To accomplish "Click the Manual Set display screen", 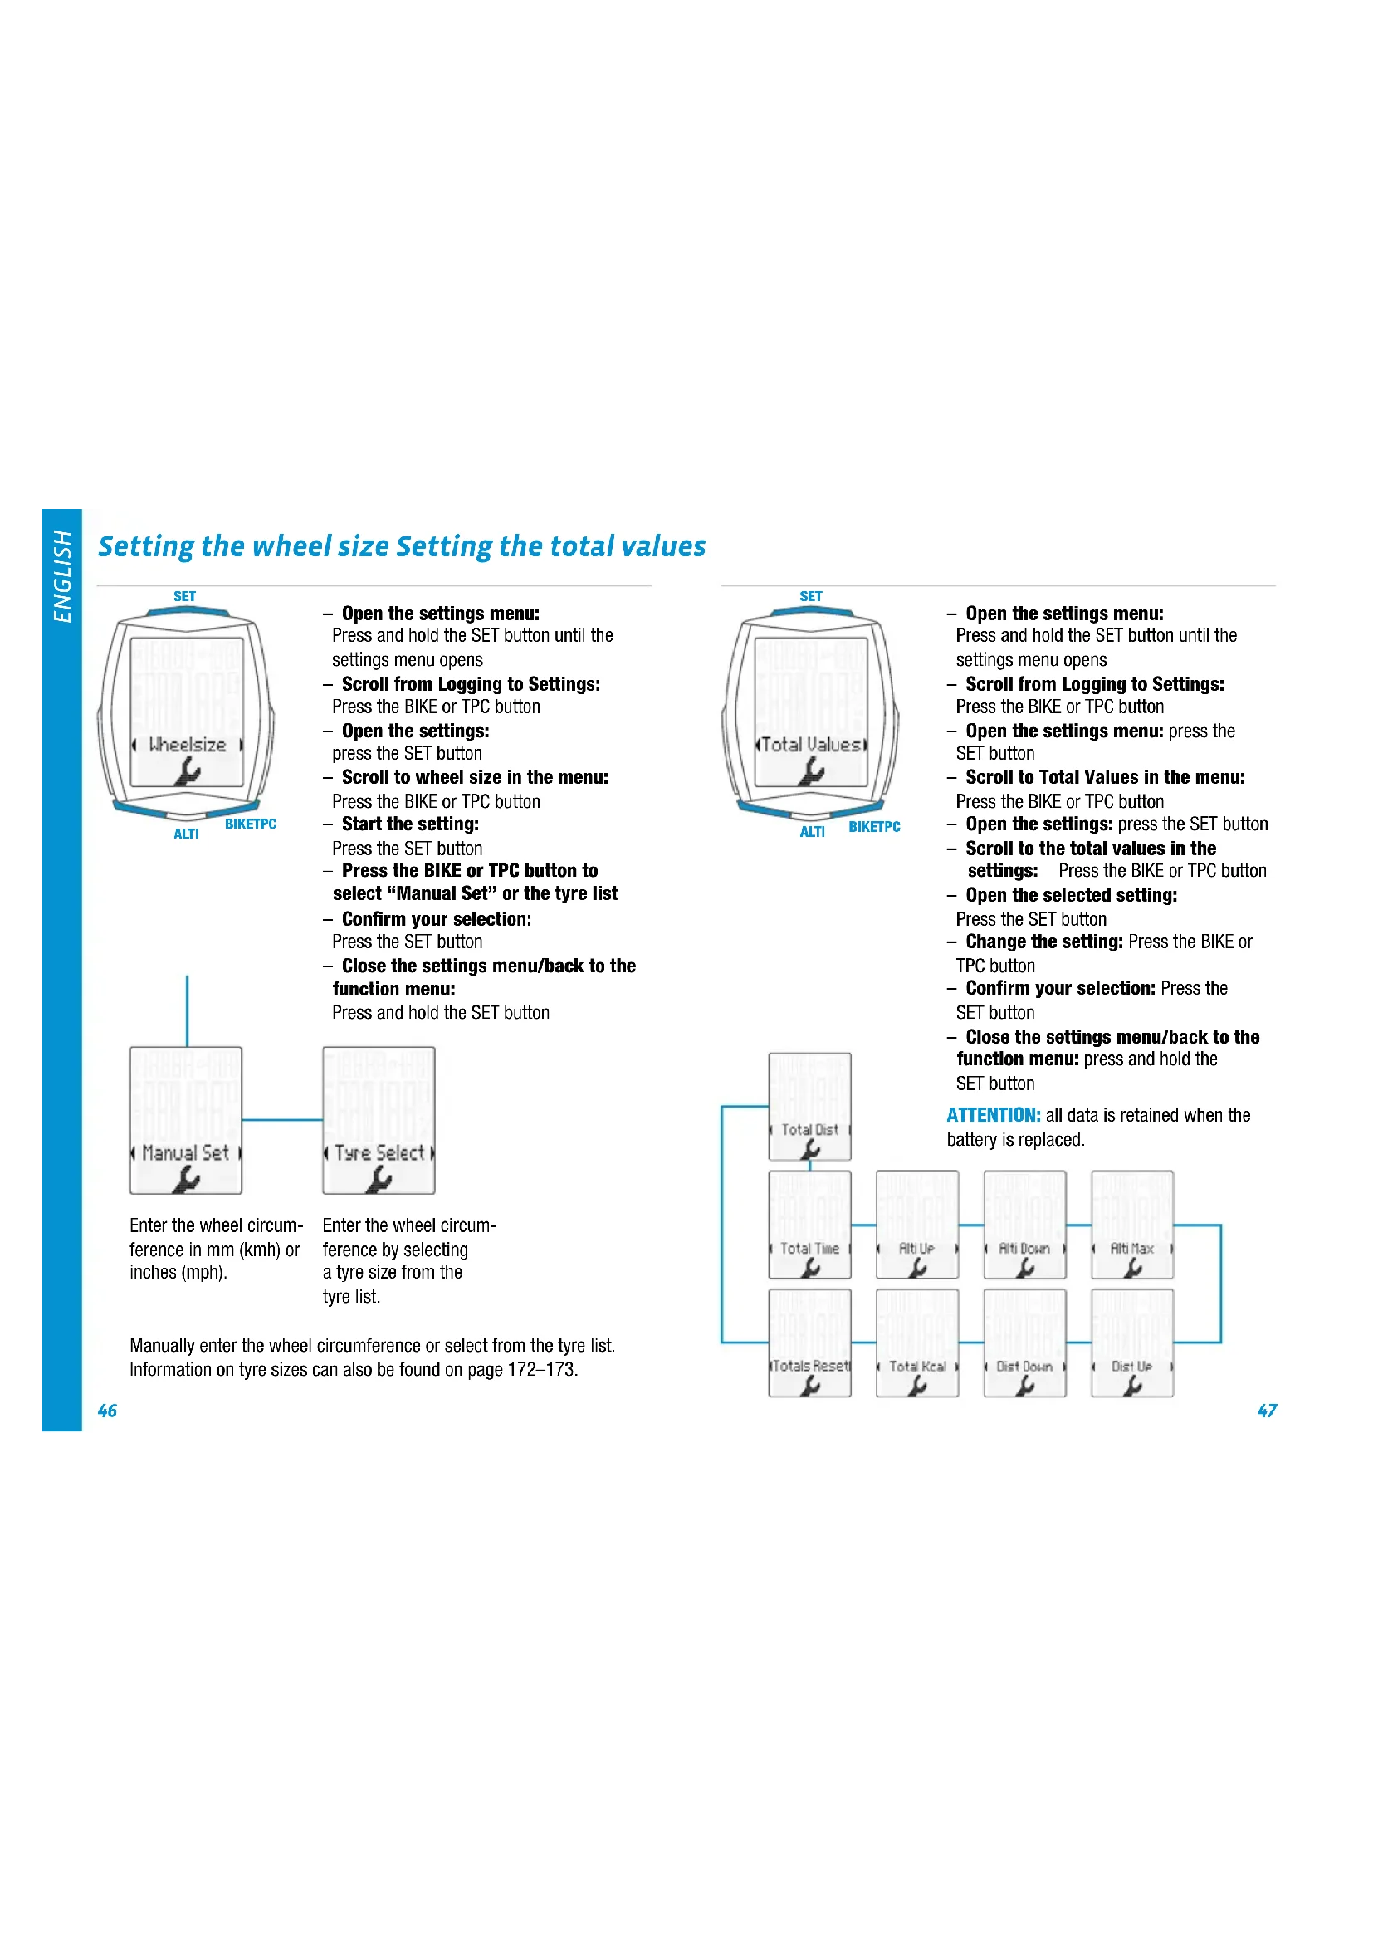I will pyautogui.click(x=186, y=1120).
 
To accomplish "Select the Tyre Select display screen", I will pyautogui.click(x=379, y=1120).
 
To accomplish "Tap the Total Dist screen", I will pyautogui.click(x=809, y=1106).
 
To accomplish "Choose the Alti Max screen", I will pyautogui.click(x=1132, y=1224).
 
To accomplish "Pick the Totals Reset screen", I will pyautogui.click(x=809, y=1343).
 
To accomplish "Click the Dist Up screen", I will pyautogui.click(x=1132, y=1343).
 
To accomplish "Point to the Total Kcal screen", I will pyautogui.click(x=917, y=1343).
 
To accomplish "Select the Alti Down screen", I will pyautogui.click(x=1024, y=1224).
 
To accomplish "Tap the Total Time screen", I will pyautogui.click(x=809, y=1224).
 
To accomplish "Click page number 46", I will pyautogui.click(x=107, y=1410).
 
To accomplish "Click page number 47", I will pyautogui.click(x=1267, y=1410).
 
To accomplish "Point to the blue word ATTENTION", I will pyautogui.click(x=993, y=1115).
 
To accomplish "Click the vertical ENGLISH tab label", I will pyautogui.click(x=62, y=576).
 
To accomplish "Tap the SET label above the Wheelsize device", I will pyautogui.click(x=184, y=596).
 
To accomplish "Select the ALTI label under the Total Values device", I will pyautogui.click(x=812, y=832).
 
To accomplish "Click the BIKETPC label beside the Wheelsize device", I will pyautogui.click(x=250, y=824).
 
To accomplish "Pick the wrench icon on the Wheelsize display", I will pyautogui.click(x=187, y=770).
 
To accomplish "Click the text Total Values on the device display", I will pyautogui.click(x=811, y=744).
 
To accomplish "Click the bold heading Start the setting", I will pyautogui.click(x=410, y=824).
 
